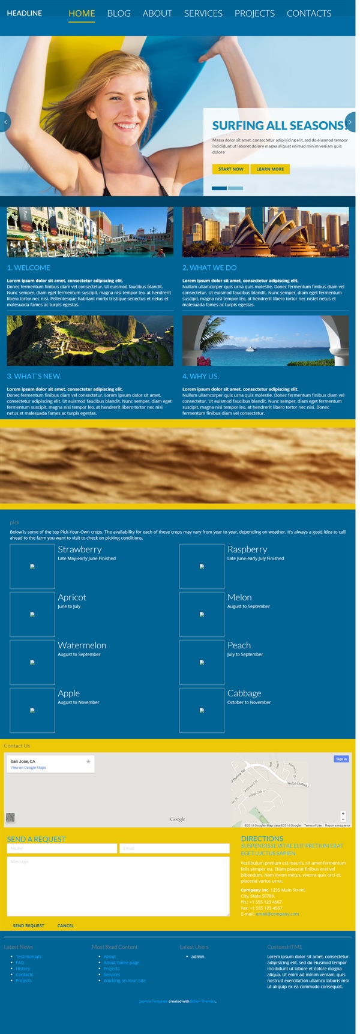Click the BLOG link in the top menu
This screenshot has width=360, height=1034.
pos(119,13)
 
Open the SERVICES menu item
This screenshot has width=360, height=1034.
pos(203,13)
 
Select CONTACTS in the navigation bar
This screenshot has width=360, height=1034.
pos(309,13)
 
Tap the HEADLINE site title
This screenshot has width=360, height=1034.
pos(25,13)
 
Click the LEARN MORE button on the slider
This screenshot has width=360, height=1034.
pos(270,169)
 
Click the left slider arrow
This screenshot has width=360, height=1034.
pos(5,122)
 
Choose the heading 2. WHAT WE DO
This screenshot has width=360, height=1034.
pos(209,267)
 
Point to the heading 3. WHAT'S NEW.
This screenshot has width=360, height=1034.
pos(34,376)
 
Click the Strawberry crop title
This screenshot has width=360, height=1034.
pos(80,549)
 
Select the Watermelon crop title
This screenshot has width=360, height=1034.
pos(82,645)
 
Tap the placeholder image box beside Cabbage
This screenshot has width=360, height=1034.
pos(202,710)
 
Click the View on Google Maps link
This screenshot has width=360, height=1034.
pos(28,768)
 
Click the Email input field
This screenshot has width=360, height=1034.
pos(175,848)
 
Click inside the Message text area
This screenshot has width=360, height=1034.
pos(118,886)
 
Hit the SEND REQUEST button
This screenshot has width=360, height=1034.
pos(28,925)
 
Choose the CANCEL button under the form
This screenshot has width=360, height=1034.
pos(65,925)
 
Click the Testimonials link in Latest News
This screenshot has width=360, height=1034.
pos(29,957)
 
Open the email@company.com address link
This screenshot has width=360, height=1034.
pos(277,914)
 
